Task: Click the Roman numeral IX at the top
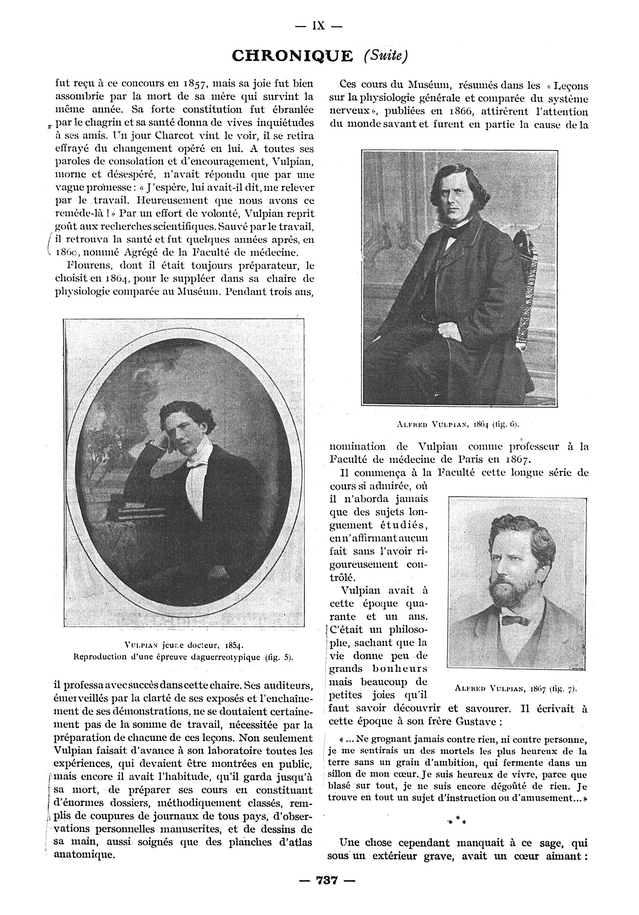(x=318, y=26)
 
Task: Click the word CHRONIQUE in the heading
(x=292, y=56)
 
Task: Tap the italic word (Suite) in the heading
(x=385, y=56)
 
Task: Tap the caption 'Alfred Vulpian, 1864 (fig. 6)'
(x=458, y=424)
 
